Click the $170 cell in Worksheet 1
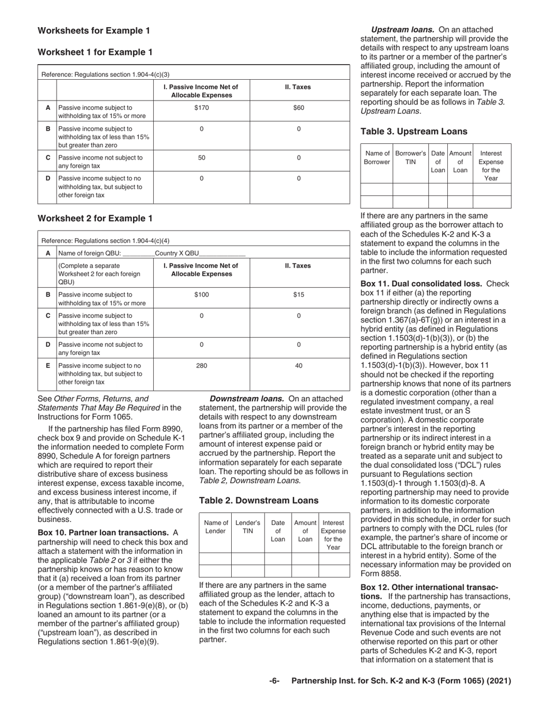point(201,108)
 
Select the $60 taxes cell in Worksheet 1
point(298,108)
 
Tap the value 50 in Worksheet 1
point(201,157)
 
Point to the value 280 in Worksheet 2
point(201,366)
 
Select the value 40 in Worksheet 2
point(298,366)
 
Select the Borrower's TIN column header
point(410,157)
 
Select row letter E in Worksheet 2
point(47,366)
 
